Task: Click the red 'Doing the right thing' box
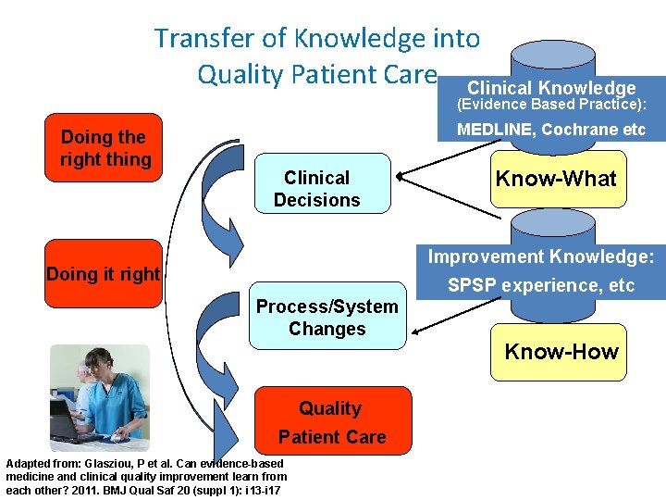(x=105, y=149)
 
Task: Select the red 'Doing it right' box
(x=104, y=274)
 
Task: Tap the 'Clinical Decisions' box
(x=317, y=188)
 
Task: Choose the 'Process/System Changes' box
(x=327, y=318)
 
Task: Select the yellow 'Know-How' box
(x=561, y=352)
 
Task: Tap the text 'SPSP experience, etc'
(x=541, y=285)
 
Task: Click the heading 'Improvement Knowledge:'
(x=541, y=256)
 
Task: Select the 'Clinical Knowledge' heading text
(x=551, y=89)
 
